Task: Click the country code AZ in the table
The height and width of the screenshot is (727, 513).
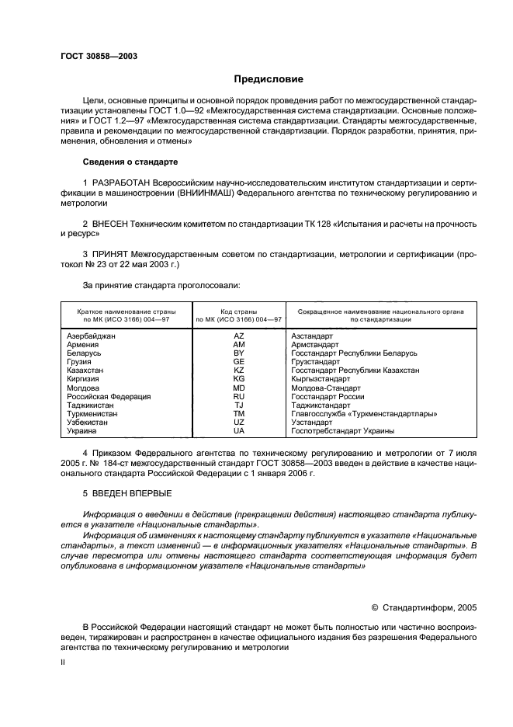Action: point(239,336)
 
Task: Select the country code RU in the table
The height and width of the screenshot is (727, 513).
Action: point(239,396)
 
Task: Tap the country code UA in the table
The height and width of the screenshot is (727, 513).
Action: point(239,430)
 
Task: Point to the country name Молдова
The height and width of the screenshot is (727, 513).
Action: point(83,388)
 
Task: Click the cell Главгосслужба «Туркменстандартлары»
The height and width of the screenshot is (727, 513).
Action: point(363,413)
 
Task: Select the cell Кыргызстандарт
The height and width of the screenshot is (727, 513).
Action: point(323,379)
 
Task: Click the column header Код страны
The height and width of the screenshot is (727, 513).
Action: point(239,310)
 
